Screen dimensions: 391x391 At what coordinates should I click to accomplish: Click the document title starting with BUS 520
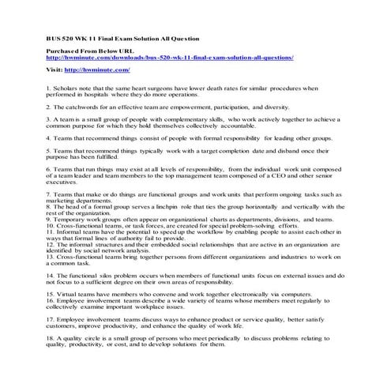(121, 39)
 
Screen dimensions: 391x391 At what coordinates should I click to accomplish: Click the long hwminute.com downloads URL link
(170, 58)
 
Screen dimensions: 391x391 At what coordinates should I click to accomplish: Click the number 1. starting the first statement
(48, 88)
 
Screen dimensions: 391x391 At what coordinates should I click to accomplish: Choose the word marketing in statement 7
(62, 200)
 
